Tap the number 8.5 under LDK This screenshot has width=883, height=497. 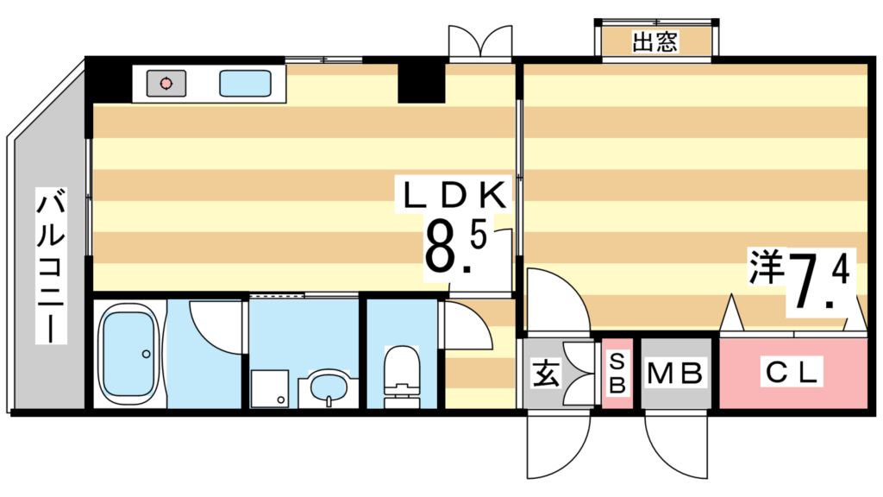454,248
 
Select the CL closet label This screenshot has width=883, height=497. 792,374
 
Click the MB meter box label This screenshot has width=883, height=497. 676,374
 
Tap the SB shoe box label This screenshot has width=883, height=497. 617,374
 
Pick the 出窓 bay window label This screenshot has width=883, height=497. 655,41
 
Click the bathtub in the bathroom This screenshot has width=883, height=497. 128,355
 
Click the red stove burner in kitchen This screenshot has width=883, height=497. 165,84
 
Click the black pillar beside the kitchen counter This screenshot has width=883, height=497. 420,82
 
